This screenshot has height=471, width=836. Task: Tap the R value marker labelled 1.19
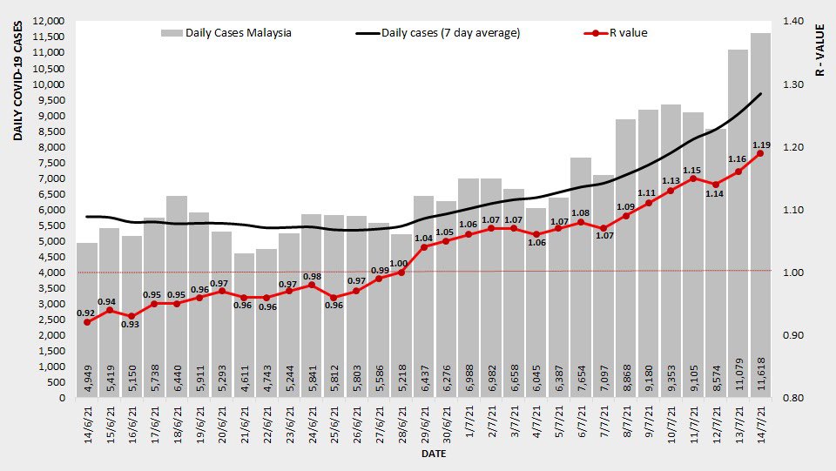(x=760, y=154)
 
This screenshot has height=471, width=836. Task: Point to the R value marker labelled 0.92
(x=87, y=322)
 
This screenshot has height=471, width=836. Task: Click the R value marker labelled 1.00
(x=401, y=273)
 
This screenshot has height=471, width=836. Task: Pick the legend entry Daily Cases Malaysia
(x=226, y=33)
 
